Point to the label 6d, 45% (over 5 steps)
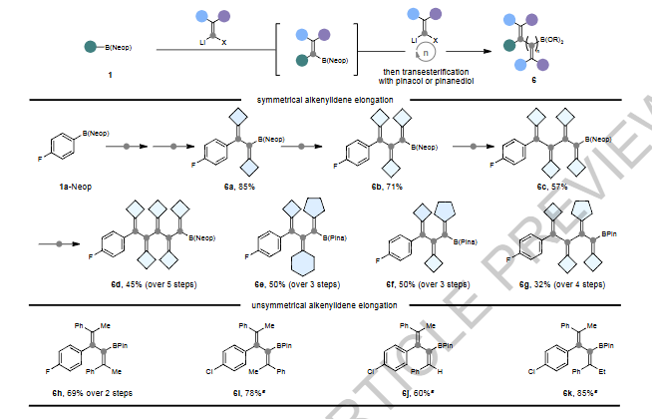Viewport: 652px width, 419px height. click(156, 284)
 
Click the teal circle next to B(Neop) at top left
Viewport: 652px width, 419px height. click(90, 47)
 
